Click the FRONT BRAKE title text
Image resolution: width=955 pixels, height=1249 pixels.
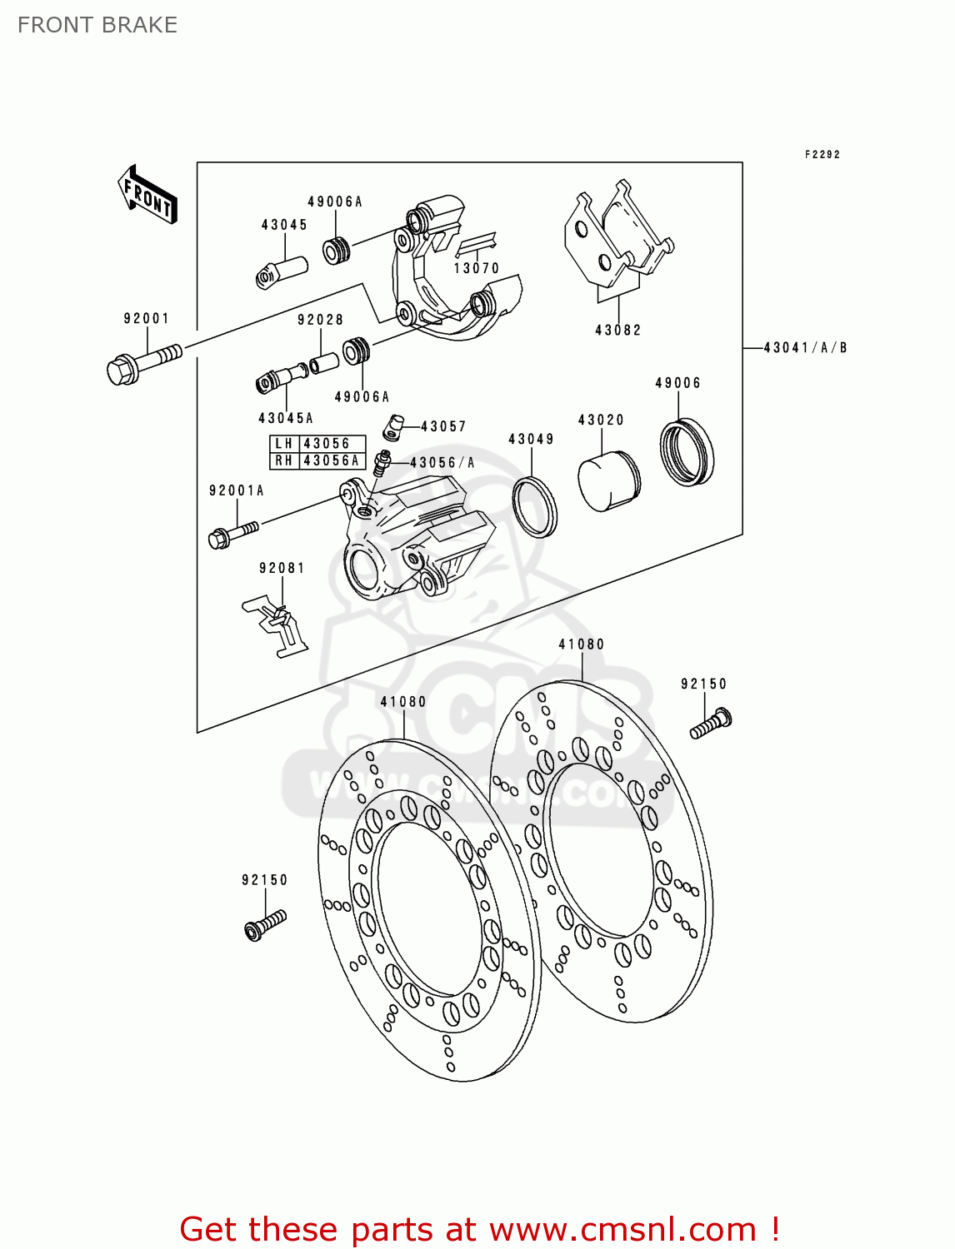pyautogui.click(x=97, y=25)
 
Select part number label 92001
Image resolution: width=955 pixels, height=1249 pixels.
pyautogui.click(x=147, y=318)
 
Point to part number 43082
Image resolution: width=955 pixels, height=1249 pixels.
pyautogui.click(x=617, y=330)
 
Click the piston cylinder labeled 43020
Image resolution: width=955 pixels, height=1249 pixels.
pyautogui.click(x=608, y=481)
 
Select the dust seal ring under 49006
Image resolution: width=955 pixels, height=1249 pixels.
pyautogui.click(x=687, y=452)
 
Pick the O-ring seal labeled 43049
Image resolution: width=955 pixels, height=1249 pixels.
pyautogui.click(x=534, y=507)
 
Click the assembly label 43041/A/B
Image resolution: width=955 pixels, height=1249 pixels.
pyautogui.click(x=805, y=347)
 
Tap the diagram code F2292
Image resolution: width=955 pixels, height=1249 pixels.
pyautogui.click(x=822, y=154)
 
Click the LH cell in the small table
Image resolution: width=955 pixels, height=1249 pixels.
pyautogui.click(x=284, y=444)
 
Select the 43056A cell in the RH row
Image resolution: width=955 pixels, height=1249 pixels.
pyautogui.click(x=332, y=460)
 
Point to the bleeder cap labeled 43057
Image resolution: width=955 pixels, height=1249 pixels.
pyautogui.click(x=393, y=428)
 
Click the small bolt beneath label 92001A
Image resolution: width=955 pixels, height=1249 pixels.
pyautogui.click(x=232, y=532)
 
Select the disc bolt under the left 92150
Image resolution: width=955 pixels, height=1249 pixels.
pyautogui.click(x=265, y=924)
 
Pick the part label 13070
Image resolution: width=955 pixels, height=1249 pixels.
pyautogui.click(x=476, y=268)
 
